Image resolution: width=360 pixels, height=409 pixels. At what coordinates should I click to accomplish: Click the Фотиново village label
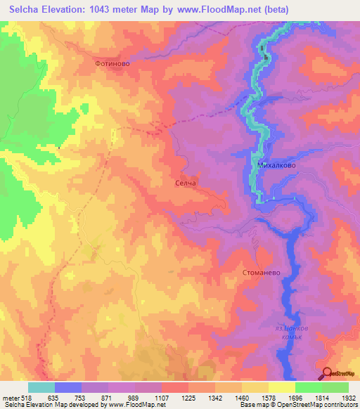pos(112,63)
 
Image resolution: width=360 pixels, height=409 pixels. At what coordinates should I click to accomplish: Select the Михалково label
pos(276,167)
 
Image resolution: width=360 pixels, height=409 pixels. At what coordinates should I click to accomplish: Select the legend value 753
pos(80,397)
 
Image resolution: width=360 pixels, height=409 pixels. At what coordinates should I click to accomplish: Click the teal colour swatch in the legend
pos(41,387)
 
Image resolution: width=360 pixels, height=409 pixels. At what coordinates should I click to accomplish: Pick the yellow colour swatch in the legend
pos(281,387)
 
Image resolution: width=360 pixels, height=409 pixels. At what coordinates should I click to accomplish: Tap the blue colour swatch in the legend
pos(68,387)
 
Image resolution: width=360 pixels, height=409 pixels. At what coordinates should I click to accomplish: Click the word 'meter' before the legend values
pos(10,397)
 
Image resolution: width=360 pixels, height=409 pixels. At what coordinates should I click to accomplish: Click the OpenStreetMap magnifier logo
pos(328,373)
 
